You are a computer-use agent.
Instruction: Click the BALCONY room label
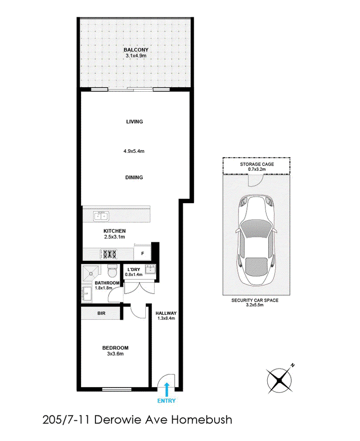click(x=136, y=50)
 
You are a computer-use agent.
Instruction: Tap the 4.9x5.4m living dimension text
click(x=134, y=151)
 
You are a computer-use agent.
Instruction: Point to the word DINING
click(x=134, y=178)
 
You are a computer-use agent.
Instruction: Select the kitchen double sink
click(x=101, y=216)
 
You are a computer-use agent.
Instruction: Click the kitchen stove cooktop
click(x=108, y=254)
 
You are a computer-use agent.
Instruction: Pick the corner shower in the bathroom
click(x=90, y=272)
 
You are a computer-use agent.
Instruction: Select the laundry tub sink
click(x=150, y=269)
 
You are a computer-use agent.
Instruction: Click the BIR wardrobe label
click(x=102, y=313)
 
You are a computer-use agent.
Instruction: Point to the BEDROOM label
click(x=115, y=348)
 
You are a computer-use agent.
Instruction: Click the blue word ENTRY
click(x=166, y=401)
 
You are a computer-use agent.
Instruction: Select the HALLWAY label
click(x=166, y=313)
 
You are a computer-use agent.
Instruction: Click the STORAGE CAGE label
click(x=256, y=164)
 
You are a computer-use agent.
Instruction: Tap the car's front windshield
click(x=256, y=227)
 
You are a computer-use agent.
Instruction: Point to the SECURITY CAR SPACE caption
click(x=255, y=300)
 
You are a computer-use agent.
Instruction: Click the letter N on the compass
click(x=293, y=365)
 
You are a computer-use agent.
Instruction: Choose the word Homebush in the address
click(x=202, y=420)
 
